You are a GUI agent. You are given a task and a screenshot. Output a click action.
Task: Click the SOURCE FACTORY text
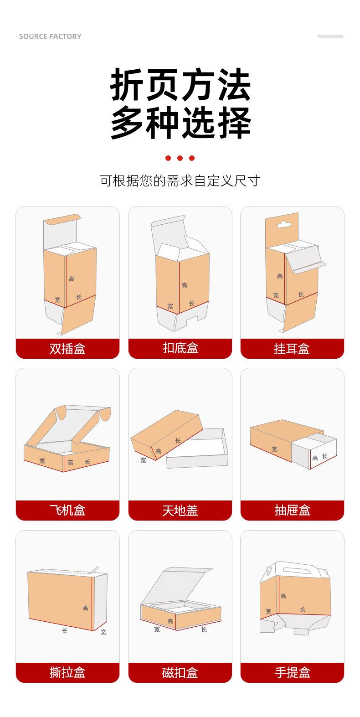(50, 36)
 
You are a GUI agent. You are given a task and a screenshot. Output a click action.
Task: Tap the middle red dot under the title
(180, 158)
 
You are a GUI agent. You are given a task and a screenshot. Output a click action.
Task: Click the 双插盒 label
(67, 349)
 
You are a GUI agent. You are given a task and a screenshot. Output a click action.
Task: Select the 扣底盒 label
(180, 348)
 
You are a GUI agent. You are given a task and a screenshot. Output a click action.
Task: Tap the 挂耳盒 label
(292, 349)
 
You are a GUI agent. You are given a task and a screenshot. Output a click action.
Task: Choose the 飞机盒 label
(67, 510)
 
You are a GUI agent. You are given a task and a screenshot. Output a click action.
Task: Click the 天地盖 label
(180, 511)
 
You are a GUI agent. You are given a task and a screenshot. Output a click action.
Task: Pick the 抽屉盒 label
(293, 510)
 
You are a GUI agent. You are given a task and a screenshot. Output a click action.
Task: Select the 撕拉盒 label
(67, 672)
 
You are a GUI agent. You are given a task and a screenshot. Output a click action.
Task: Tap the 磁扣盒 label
(180, 672)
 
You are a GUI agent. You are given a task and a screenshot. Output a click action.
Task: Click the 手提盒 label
(293, 672)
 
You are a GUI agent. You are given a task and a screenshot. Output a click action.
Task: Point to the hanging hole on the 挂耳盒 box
(283, 224)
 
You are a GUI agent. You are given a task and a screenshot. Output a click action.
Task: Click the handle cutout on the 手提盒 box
(295, 571)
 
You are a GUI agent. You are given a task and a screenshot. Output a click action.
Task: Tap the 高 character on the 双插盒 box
(72, 279)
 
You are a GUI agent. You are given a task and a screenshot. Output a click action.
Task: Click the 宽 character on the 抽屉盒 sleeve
(275, 449)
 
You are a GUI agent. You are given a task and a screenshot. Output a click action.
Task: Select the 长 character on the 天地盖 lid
(178, 441)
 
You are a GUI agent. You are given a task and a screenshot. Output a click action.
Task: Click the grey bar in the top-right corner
(330, 36)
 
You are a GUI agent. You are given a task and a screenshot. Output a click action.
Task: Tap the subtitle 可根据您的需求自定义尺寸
(180, 181)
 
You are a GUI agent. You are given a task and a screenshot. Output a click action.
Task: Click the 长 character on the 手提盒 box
(303, 609)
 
